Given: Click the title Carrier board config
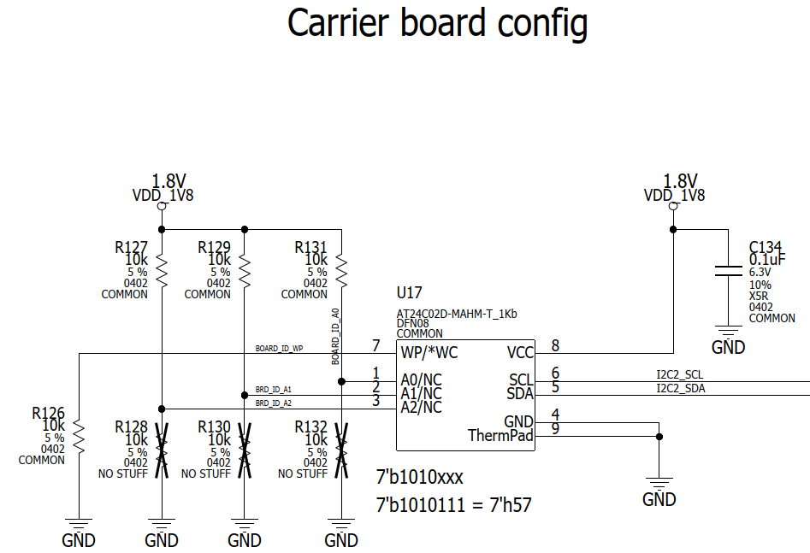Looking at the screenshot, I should click(437, 23).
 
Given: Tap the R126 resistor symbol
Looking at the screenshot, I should click(78, 438).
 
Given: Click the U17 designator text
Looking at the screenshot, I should click(409, 293).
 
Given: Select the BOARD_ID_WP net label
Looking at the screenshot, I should click(279, 349).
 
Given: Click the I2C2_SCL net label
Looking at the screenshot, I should click(680, 374).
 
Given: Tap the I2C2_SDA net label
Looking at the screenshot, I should click(680, 389).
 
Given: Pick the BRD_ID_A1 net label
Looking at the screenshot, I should click(274, 389).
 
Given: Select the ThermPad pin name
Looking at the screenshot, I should click(500, 436).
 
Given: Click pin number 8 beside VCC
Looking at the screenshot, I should click(555, 346).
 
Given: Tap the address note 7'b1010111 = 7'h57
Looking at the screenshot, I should click(454, 505).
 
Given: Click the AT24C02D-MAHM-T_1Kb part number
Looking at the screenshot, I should click(457, 314).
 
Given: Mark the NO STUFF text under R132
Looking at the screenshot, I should click(302, 474).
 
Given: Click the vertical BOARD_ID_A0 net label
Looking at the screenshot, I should click(335, 338).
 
